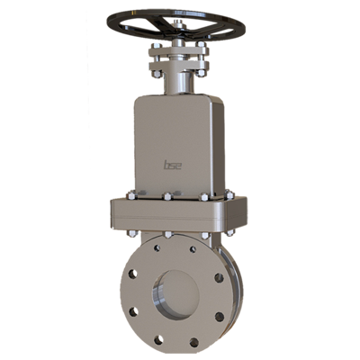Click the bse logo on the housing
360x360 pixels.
point(172,164)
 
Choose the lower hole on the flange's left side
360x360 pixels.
point(134,312)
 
